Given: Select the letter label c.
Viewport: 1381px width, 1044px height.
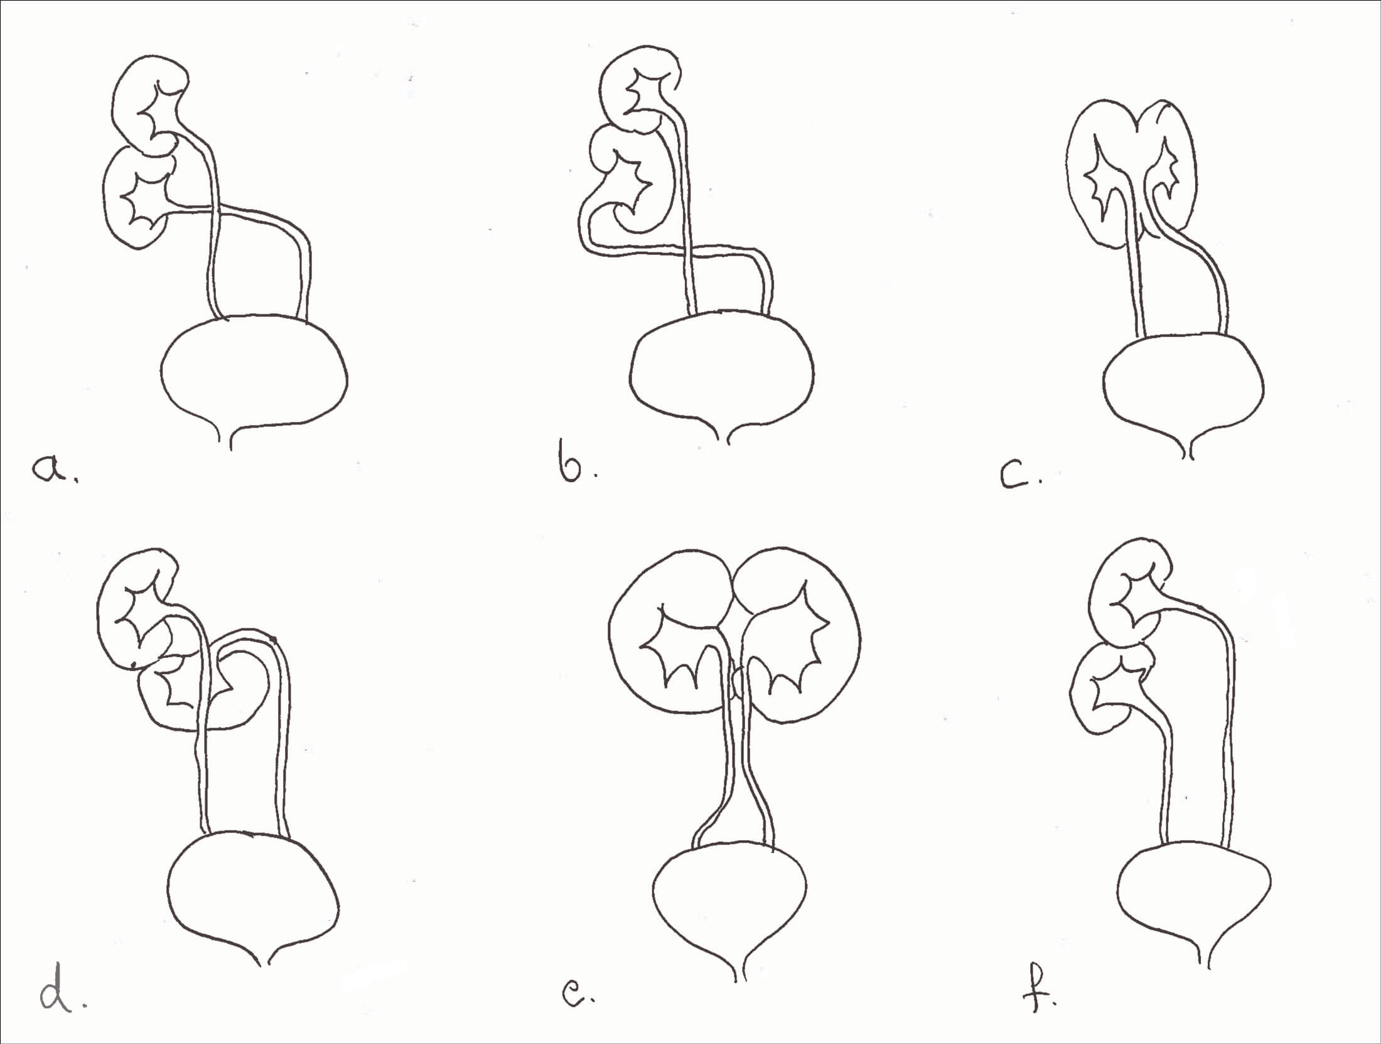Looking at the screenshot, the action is click(x=1020, y=477).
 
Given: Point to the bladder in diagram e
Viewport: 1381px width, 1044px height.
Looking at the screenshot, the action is click(x=730, y=904).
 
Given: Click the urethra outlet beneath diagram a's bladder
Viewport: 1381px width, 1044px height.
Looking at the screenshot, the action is click(x=231, y=439).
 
